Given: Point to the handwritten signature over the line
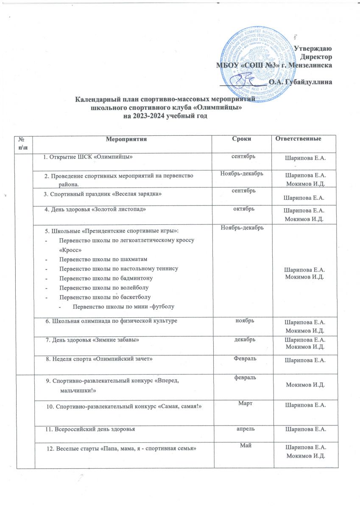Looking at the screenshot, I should [x=245, y=79].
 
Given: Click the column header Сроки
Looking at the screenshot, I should [x=242, y=139].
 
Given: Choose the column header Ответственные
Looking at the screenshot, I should [x=301, y=139].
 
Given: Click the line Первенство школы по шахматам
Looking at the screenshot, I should [x=103, y=259].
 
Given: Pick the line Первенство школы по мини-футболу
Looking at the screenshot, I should [x=124, y=306].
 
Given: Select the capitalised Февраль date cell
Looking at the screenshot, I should [x=242, y=359].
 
